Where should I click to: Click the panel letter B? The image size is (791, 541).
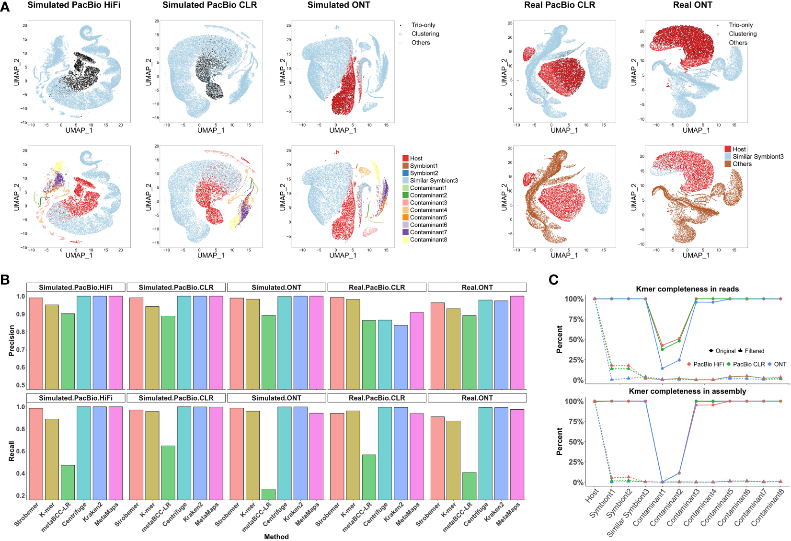point(5,279)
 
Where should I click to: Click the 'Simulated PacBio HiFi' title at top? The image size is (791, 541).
point(74,5)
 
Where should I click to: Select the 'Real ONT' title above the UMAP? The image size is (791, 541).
point(692,5)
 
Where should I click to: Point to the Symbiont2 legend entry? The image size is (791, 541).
point(424,173)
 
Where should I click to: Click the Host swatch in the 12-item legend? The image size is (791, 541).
point(405,158)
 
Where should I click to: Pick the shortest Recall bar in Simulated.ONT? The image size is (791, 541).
point(268,494)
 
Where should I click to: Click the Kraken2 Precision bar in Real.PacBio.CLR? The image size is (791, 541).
point(401,357)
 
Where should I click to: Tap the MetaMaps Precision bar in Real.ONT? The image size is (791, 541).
point(517,342)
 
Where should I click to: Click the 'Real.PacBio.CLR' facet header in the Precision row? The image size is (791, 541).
point(377,288)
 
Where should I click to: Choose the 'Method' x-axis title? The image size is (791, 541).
point(276,537)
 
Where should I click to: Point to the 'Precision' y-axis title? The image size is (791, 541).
point(11,340)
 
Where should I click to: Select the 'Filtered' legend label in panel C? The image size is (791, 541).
point(754,351)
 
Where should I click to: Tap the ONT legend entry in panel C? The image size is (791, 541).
point(780,364)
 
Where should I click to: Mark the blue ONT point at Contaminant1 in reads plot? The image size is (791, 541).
point(662,368)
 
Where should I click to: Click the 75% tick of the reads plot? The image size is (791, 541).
point(574,319)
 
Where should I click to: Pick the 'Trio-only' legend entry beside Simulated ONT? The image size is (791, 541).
point(423,25)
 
